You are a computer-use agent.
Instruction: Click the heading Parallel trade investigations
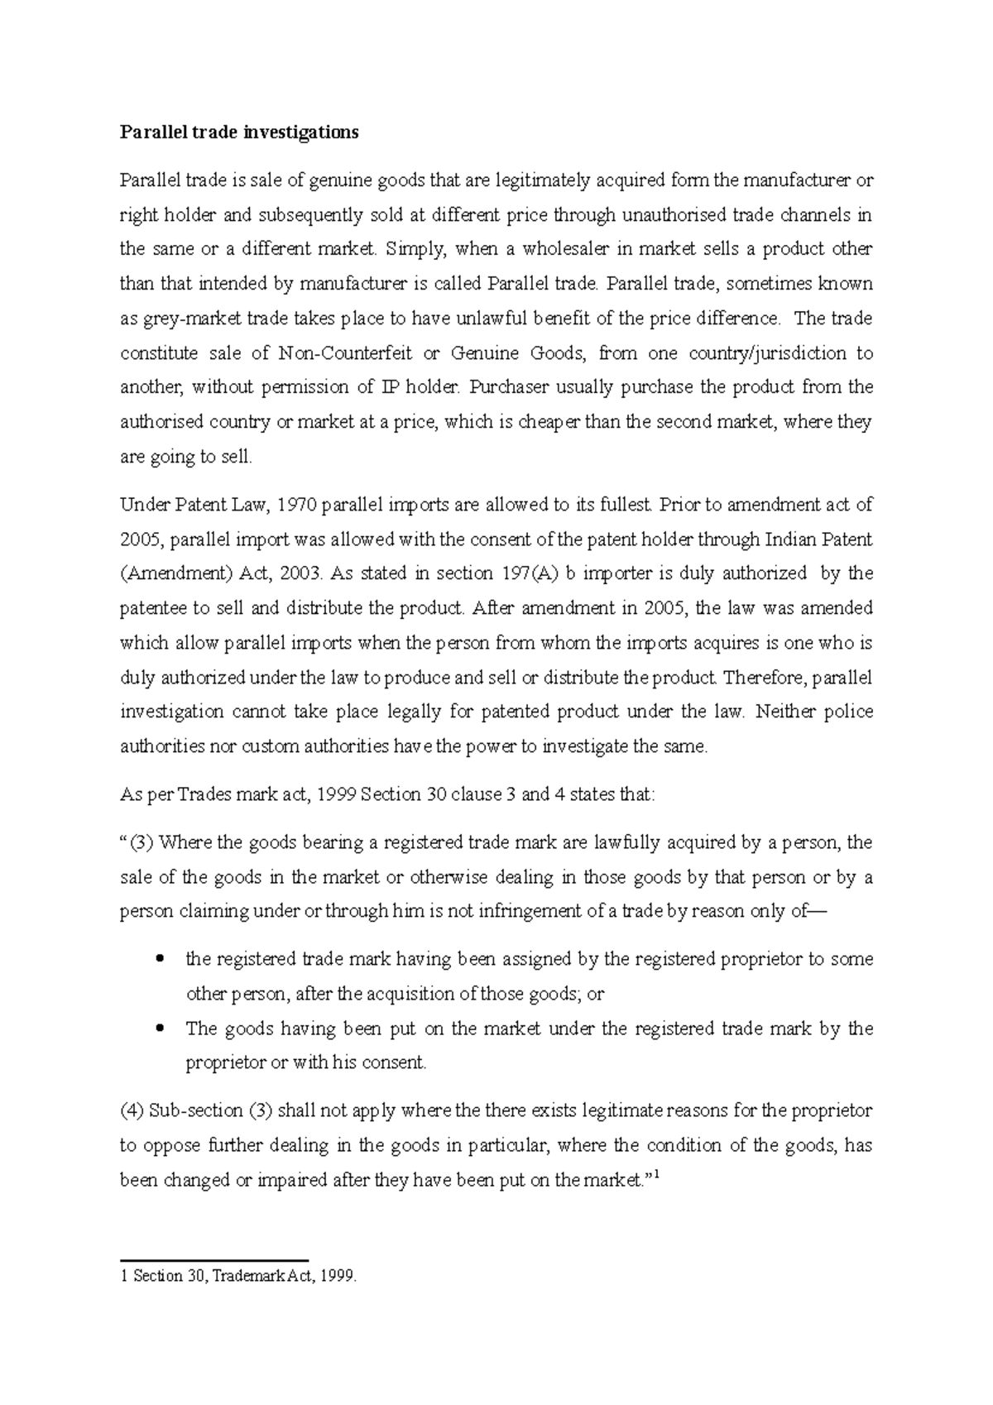tap(239, 132)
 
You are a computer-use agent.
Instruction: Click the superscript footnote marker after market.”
tap(656, 1175)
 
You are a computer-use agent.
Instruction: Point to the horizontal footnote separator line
tap(213, 1260)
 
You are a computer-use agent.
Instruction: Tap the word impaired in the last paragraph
tap(293, 1181)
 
